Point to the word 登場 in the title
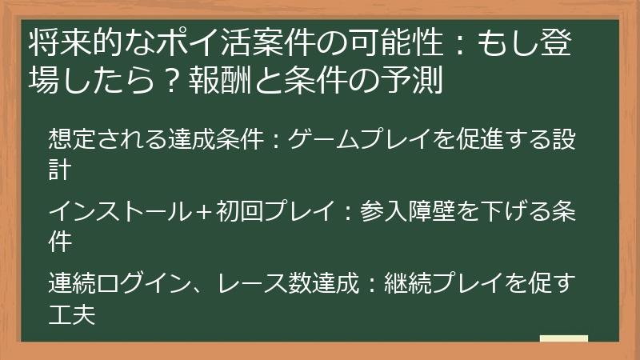click(x=569, y=42)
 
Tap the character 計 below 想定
click(x=60, y=170)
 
